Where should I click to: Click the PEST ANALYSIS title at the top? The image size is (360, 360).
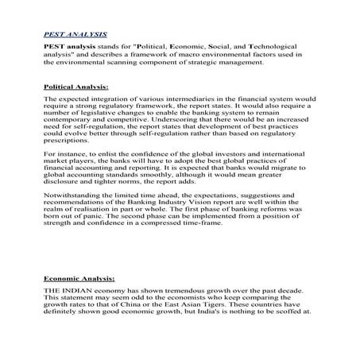(x=75, y=36)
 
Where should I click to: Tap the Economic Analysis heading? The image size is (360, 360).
(x=79, y=279)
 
